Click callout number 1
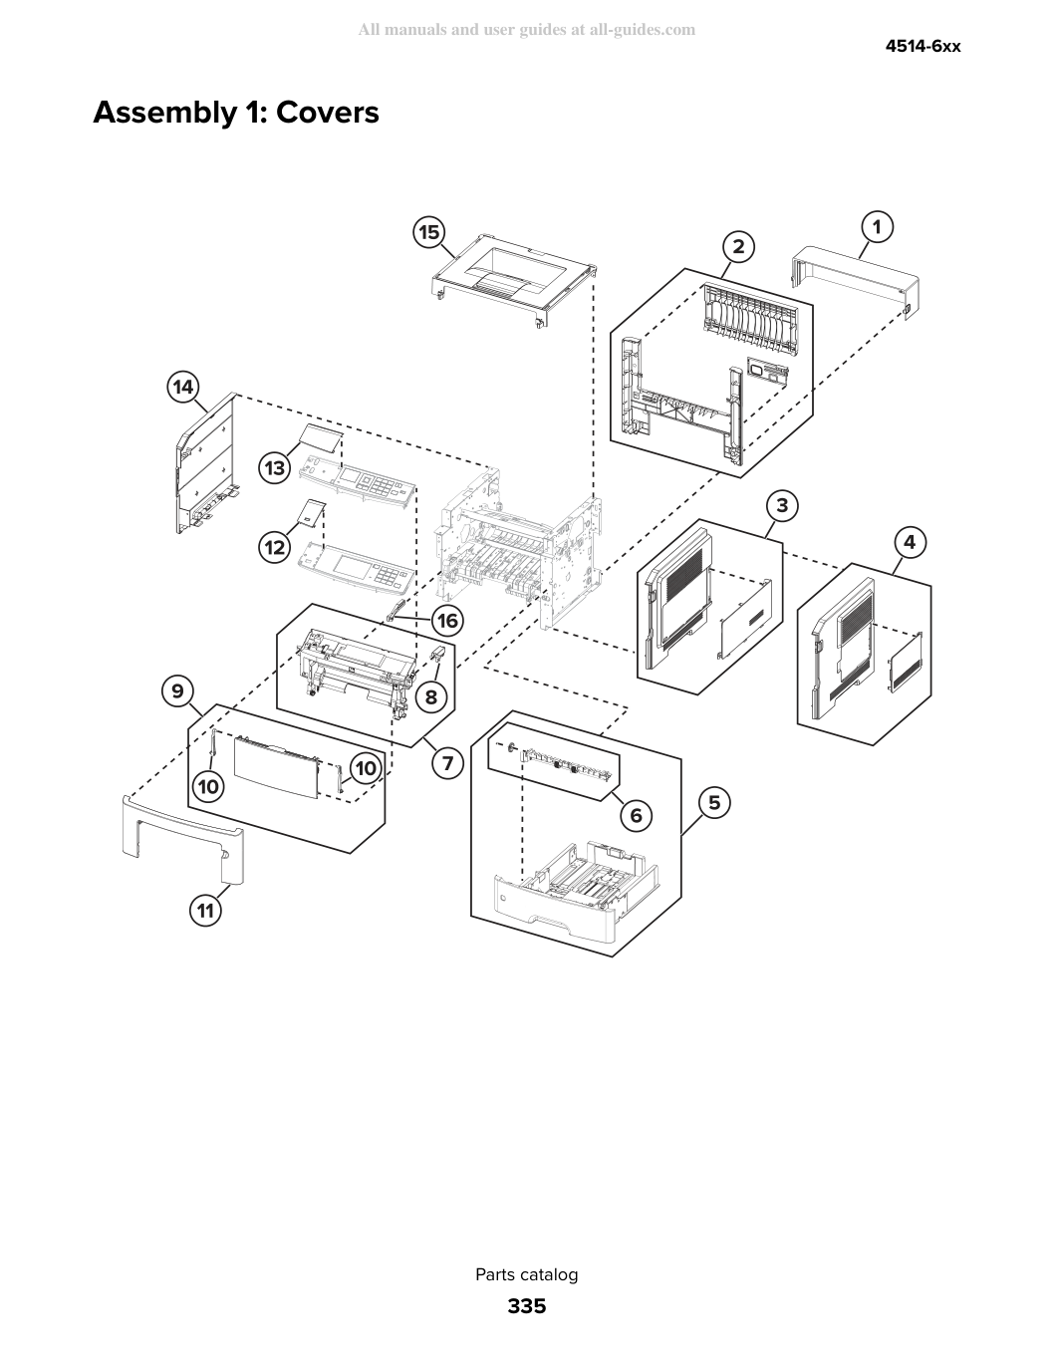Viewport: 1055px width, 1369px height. point(877,227)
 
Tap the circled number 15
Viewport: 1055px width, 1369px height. point(429,232)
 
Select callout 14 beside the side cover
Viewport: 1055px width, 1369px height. point(183,387)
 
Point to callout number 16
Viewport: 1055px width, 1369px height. point(447,621)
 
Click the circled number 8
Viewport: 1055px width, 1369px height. point(430,696)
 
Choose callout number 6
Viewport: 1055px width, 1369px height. point(637,816)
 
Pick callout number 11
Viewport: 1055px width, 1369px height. point(206,911)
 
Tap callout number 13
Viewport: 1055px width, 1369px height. point(275,468)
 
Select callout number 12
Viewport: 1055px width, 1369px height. point(275,547)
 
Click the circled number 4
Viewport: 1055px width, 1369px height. point(910,542)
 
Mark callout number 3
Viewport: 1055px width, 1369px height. point(782,505)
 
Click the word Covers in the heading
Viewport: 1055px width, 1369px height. point(328,113)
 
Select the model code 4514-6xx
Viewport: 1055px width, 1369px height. point(923,47)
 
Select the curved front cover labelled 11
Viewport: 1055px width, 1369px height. point(182,839)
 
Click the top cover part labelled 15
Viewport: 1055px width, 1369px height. point(514,280)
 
